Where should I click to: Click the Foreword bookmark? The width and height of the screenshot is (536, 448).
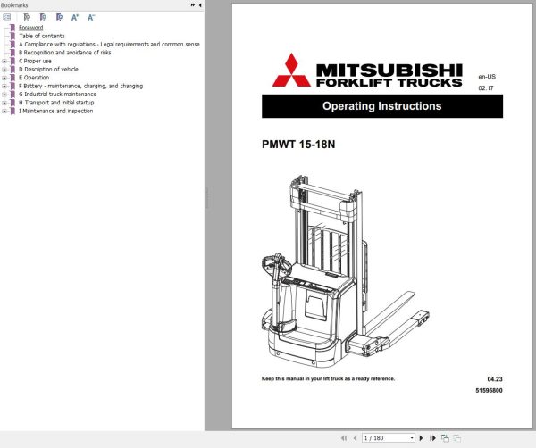click(31, 28)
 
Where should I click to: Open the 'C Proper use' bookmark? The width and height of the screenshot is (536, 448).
click(35, 61)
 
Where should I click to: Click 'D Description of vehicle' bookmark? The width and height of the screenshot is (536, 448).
click(50, 69)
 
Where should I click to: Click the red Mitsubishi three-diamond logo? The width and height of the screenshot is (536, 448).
click(292, 71)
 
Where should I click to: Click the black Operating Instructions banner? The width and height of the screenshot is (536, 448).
click(381, 106)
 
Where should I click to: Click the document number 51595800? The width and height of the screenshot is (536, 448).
click(489, 391)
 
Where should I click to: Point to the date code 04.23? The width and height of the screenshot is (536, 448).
click(494, 379)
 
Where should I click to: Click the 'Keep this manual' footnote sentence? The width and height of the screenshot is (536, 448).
click(328, 378)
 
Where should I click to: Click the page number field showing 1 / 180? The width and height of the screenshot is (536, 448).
click(387, 438)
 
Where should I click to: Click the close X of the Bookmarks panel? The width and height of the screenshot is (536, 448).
click(200, 5)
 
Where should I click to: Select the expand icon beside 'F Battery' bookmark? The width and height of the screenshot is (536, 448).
click(4, 86)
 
